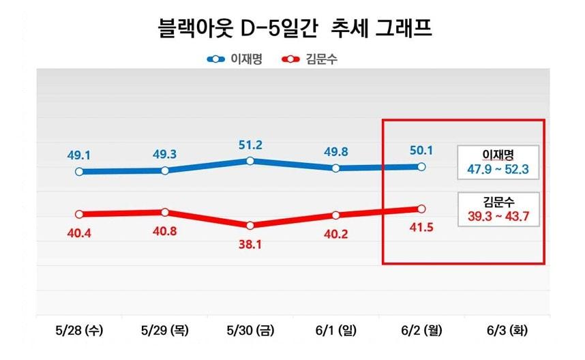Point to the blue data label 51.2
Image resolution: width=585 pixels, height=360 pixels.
(x=250, y=145)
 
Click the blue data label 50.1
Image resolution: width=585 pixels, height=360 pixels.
(x=420, y=150)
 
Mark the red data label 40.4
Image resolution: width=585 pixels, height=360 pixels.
(x=79, y=233)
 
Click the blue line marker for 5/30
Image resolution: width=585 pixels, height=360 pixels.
(x=250, y=161)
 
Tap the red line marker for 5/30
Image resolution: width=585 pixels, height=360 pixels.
(x=250, y=226)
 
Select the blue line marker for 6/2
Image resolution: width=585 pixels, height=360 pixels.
(x=421, y=166)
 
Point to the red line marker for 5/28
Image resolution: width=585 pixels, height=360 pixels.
(x=79, y=214)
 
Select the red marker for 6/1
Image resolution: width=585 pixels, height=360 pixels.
(x=335, y=215)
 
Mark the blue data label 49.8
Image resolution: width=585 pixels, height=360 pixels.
(x=335, y=151)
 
